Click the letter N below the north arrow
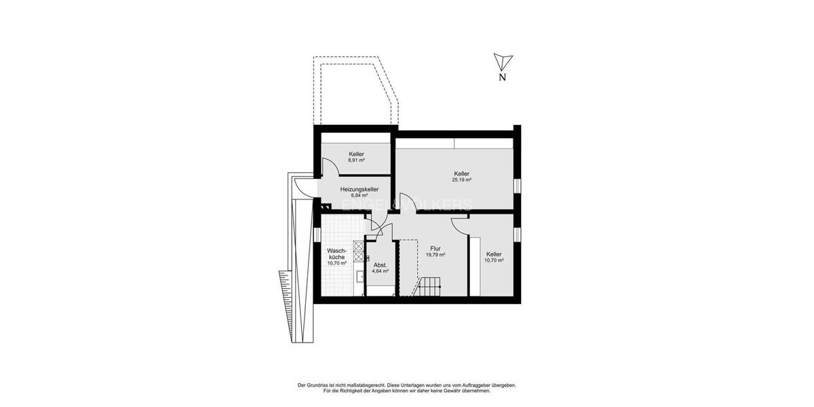pyautogui.click(x=502, y=77)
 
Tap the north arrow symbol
pyautogui.click(x=501, y=62)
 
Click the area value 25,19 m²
pyautogui.click(x=461, y=180)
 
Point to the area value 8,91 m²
pyautogui.click(x=356, y=161)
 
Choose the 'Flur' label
pyautogui.click(x=435, y=248)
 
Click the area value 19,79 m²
pyautogui.click(x=435, y=255)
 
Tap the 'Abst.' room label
pyautogui.click(x=380, y=265)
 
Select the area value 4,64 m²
pyautogui.click(x=380, y=271)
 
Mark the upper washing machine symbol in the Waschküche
pyautogui.click(x=357, y=246)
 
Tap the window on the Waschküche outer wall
pyautogui.click(x=317, y=233)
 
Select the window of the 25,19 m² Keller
pyautogui.click(x=518, y=185)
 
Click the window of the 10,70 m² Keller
pyautogui.click(x=518, y=233)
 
